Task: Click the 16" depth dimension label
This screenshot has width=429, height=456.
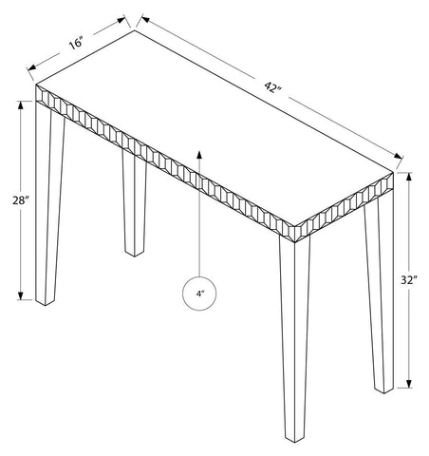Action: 76,43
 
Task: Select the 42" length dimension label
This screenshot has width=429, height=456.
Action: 272,86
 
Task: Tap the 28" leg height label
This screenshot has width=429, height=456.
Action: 21,200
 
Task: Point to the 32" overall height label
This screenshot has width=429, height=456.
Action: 409,280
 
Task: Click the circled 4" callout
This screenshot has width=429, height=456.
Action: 199,294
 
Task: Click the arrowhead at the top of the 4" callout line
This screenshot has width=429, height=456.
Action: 199,155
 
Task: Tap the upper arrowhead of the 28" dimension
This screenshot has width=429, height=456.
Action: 21,104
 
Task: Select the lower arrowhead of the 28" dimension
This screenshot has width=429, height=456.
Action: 21,295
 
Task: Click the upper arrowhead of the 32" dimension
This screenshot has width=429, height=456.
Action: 409,177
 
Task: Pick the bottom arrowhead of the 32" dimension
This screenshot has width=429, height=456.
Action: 409,384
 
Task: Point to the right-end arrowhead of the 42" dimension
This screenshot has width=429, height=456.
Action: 399,156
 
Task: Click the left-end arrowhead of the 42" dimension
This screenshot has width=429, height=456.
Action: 145,19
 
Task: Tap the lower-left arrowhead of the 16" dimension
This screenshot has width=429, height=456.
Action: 31,67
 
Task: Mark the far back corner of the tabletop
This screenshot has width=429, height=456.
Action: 135,30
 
